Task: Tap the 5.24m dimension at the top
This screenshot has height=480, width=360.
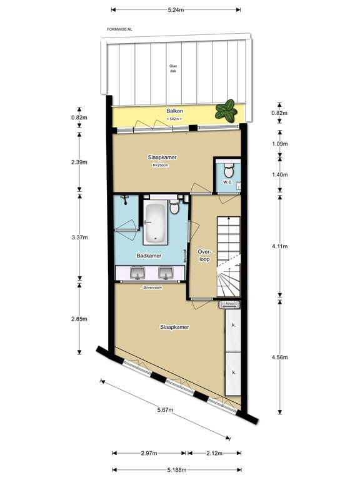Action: coord(176,9)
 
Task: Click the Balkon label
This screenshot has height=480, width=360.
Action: coord(174,111)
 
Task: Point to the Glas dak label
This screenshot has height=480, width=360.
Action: coord(173,69)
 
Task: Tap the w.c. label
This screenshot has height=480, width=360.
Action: coord(227,182)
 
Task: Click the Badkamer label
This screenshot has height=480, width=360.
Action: coord(149,256)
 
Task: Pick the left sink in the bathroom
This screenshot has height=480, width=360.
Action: coord(137,273)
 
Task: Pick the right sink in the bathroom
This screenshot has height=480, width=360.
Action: coord(166,273)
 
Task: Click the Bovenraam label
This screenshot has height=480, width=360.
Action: coord(152,287)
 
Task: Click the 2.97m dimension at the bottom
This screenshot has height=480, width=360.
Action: coord(149,452)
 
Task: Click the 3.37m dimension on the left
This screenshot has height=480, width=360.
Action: coord(79,237)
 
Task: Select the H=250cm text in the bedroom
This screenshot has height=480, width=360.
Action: coord(161,166)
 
